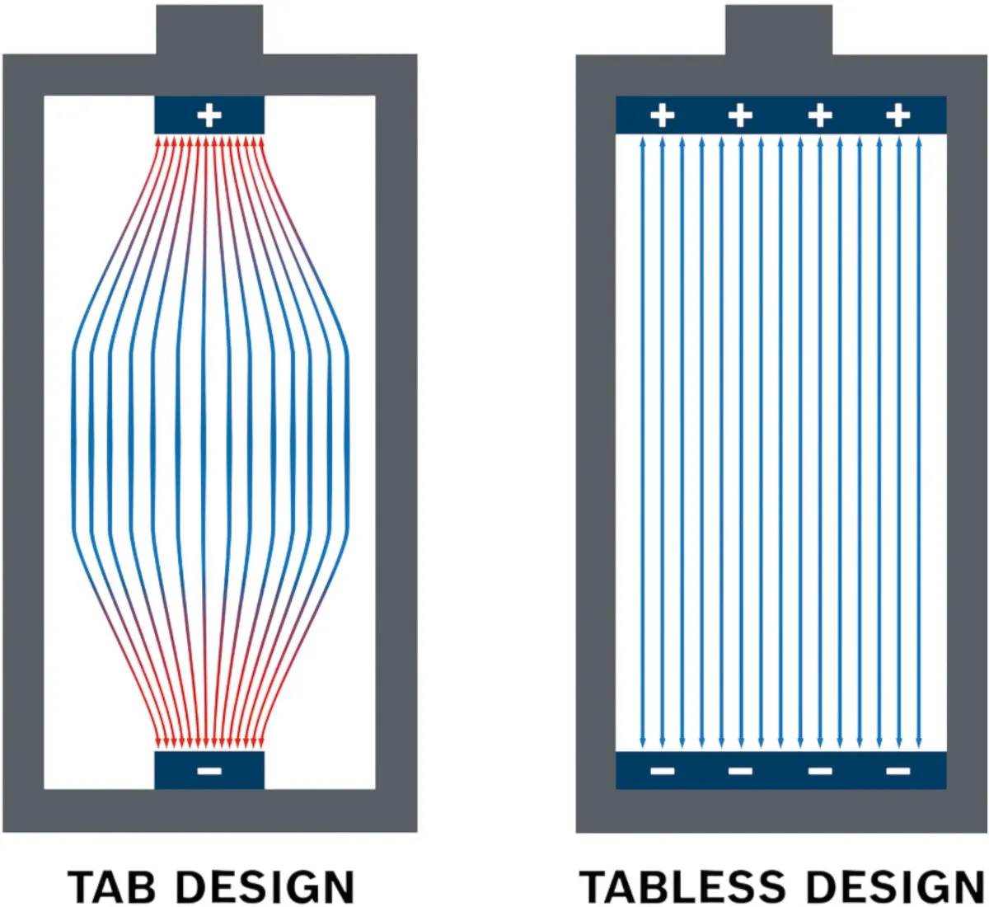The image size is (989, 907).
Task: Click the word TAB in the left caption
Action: click(111, 886)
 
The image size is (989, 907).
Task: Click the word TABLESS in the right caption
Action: click(682, 886)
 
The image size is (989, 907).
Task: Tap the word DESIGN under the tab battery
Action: click(265, 886)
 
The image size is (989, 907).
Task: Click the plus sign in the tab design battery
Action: click(209, 115)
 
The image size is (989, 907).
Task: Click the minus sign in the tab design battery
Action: click(209, 770)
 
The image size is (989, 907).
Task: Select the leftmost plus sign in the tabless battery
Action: click(662, 115)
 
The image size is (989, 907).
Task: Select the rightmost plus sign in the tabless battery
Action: click(898, 115)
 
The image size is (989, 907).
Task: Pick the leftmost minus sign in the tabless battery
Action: click(662, 770)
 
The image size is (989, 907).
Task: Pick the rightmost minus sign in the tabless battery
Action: click(898, 770)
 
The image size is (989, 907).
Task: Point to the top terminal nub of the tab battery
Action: click(209, 30)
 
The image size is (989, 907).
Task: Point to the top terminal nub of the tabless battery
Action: click(779, 30)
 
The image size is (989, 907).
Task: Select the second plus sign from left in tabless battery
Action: click(741, 115)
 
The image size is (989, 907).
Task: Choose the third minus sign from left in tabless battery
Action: click(820, 770)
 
